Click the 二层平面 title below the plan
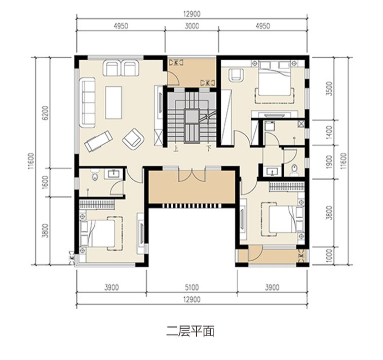tap(190, 331)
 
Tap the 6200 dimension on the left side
tap(46, 113)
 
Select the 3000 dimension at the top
tap(191, 26)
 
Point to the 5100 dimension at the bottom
tap(191, 287)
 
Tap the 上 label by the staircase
tap(176, 148)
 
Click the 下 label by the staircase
tap(208, 148)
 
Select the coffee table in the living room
tap(113, 102)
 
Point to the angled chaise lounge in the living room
tap(98, 141)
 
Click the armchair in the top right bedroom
tap(236, 75)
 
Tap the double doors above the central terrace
tap(192, 175)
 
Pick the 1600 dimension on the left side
tap(46, 182)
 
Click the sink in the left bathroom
tap(114, 173)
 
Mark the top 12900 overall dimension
tap(191, 14)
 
